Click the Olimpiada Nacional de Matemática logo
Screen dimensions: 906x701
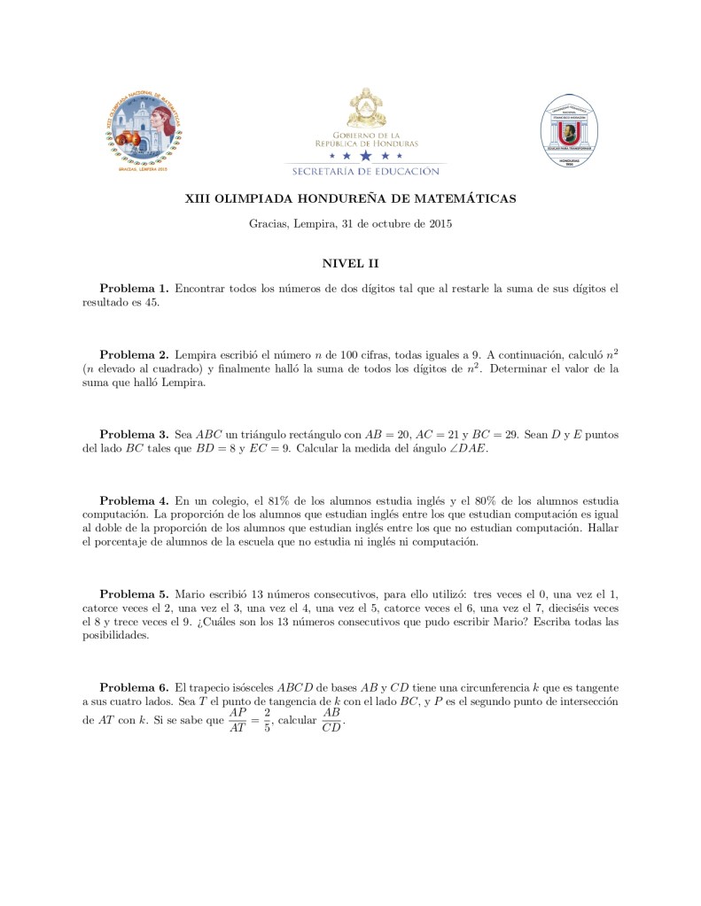click(x=148, y=131)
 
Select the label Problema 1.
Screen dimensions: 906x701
click(x=134, y=289)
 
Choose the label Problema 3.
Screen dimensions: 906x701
click(x=134, y=435)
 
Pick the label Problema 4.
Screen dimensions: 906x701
click(x=134, y=500)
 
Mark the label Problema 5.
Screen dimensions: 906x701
click(x=134, y=593)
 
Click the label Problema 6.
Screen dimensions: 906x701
click(x=134, y=687)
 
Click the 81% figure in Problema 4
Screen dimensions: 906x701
click(x=266, y=500)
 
